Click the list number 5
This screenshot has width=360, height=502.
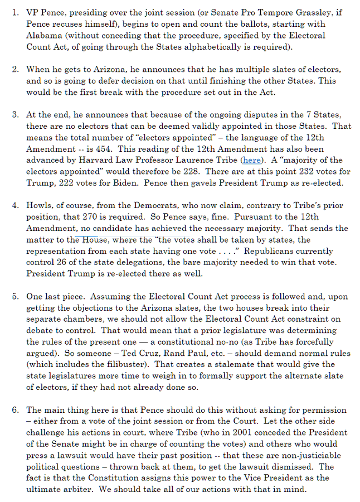click(x=15, y=296)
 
